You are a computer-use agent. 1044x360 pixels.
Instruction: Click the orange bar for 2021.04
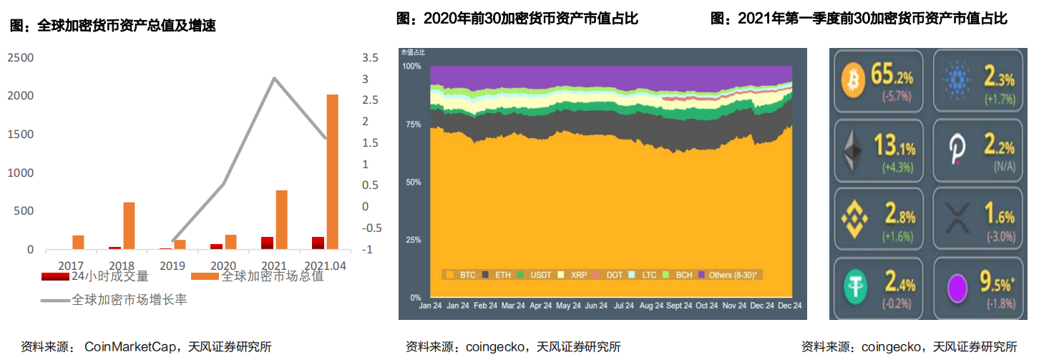pos(333,172)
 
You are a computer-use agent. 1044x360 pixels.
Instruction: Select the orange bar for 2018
pos(129,225)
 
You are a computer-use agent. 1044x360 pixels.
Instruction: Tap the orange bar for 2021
pos(281,220)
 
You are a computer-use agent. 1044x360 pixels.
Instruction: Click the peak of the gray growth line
pos(274,78)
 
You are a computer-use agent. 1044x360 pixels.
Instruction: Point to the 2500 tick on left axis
pos(20,57)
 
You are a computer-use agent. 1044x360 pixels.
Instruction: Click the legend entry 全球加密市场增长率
pos(129,300)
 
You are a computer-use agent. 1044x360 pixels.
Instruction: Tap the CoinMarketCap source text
pos(130,347)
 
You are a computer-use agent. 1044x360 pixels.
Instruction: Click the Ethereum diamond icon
pos(852,151)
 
